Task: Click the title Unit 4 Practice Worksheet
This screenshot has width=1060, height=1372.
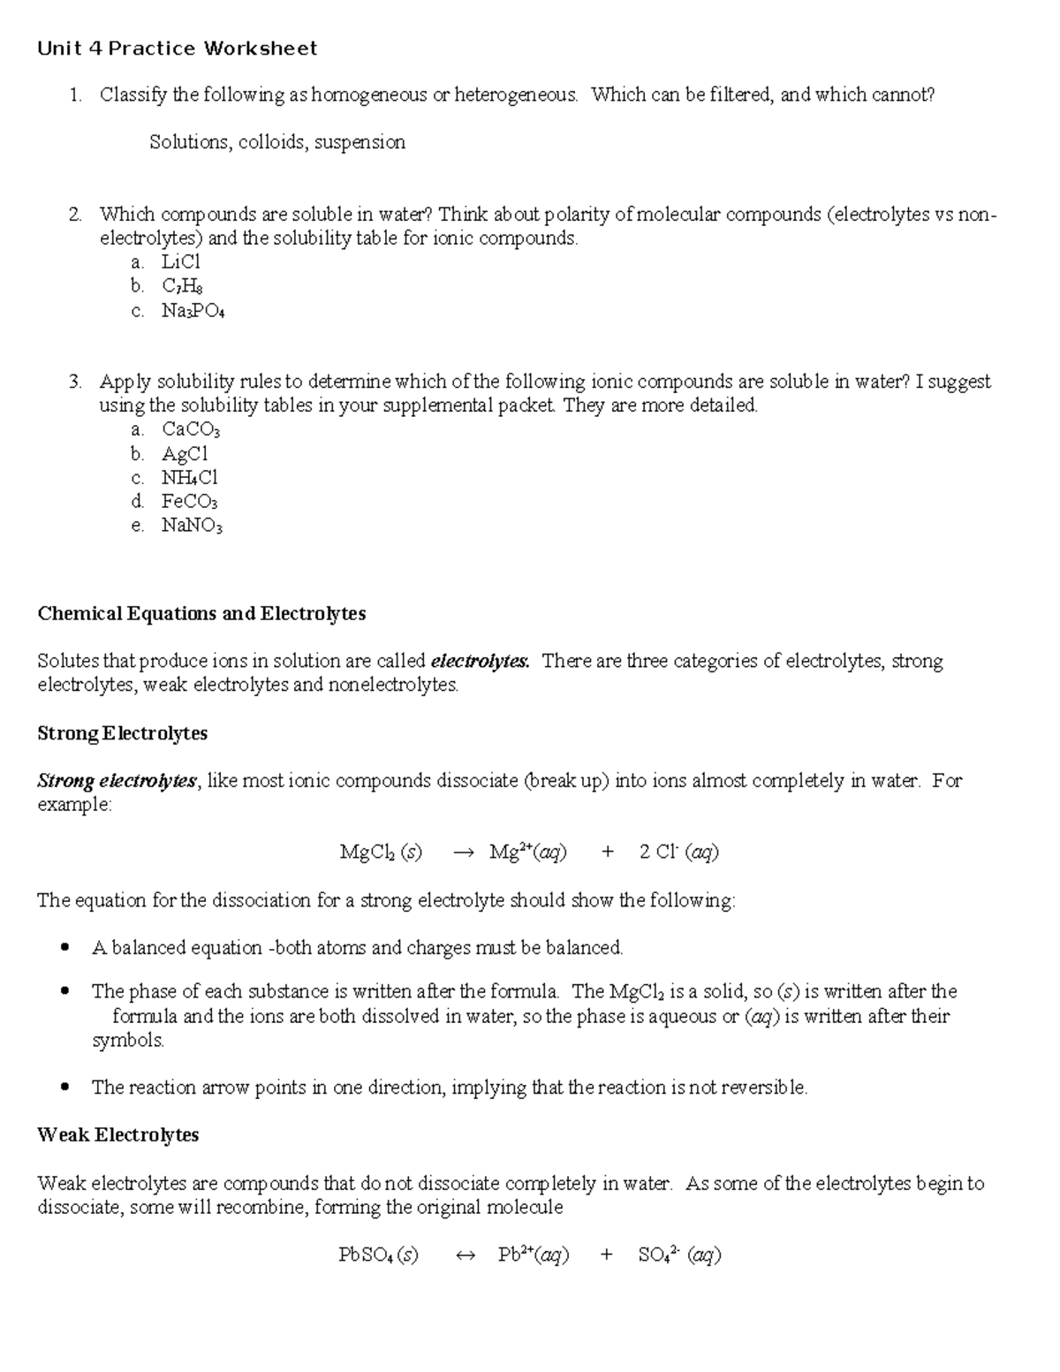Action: (x=177, y=49)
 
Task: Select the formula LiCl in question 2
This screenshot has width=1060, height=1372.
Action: (x=181, y=262)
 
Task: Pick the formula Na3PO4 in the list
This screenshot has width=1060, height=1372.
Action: (x=193, y=311)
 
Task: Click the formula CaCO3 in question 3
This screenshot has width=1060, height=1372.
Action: (x=190, y=430)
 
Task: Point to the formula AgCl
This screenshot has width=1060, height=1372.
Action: (x=185, y=454)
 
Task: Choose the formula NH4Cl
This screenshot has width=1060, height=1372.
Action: (x=189, y=478)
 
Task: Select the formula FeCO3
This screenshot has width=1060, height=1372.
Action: (x=189, y=502)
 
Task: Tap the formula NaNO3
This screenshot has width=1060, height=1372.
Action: (x=192, y=527)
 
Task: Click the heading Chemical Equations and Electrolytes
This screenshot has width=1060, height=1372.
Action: (x=201, y=613)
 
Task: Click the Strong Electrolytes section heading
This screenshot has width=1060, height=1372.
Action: (x=122, y=733)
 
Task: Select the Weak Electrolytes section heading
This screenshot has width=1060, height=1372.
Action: (x=117, y=1135)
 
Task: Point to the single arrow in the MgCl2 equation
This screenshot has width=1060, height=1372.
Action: (x=464, y=853)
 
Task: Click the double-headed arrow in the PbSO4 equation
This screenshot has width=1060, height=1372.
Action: (x=465, y=1255)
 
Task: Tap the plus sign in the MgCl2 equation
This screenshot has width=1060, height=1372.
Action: (x=607, y=852)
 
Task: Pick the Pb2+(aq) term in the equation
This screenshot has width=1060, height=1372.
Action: (x=534, y=1255)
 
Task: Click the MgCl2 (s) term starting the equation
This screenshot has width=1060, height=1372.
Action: (x=381, y=853)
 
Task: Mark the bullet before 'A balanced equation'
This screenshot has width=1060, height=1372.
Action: (x=64, y=948)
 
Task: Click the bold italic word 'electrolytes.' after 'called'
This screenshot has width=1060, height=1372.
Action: (x=480, y=661)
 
